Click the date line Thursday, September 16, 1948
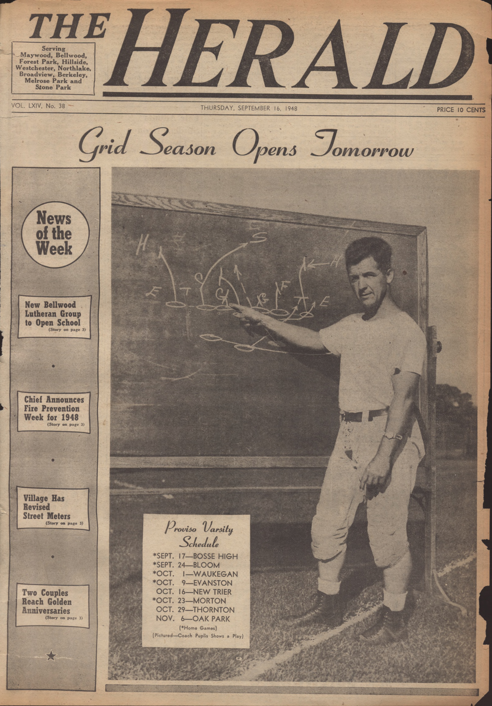point(249,108)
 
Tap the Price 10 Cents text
point(461,110)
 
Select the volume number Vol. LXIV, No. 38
point(38,106)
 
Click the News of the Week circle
point(54,234)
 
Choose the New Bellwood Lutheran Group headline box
point(54,317)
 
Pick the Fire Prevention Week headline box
point(54,412)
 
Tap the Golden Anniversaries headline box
point(53,605)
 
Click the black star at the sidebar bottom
point(52,655)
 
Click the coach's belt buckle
point(348,416)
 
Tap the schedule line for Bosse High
point(195,556)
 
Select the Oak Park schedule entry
point(193,619)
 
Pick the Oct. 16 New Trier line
point(194,592)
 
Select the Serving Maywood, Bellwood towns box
point(53,68)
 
